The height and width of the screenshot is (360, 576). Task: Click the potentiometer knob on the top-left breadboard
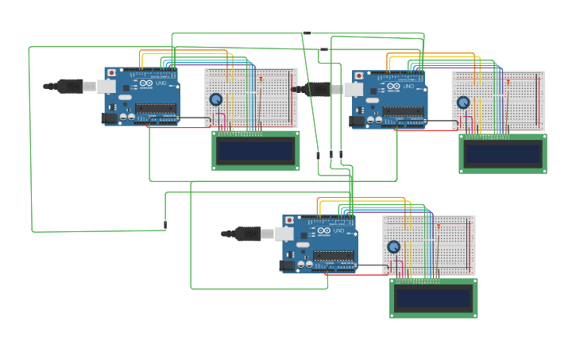[216, 99]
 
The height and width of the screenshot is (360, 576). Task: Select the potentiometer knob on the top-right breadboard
[464, 103]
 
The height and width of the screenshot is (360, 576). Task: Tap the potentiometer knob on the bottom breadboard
[394, 247]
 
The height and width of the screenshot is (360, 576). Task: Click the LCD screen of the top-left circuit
[255, 150]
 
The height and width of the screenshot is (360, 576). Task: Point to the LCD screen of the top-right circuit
[502, 153]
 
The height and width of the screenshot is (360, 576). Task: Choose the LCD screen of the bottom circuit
[433, 298]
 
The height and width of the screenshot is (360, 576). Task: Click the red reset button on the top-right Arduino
[359, 75]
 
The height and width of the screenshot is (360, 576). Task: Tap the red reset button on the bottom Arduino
[289, 220]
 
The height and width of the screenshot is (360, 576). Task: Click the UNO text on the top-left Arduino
[161, 83]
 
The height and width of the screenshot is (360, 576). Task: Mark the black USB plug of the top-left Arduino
[70, 86]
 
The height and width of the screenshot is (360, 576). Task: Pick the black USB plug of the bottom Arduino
[247, 234]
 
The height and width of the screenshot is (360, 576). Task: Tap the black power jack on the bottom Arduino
[287, 265]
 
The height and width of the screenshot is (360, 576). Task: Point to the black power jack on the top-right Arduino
[357, 121]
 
